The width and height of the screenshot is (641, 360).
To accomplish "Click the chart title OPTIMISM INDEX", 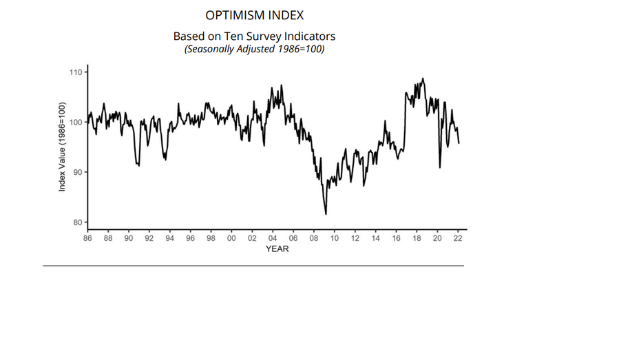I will [255, 15].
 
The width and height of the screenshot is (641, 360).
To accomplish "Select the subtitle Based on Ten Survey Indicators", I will [254, 36].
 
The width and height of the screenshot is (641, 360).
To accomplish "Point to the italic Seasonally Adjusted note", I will [254, 49].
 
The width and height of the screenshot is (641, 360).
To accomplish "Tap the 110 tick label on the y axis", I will [75, 72].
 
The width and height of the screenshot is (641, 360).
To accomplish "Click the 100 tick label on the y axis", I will [75, 123].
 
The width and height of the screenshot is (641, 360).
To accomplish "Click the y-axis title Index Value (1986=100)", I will [62, 147].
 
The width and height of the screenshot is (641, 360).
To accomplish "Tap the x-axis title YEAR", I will [277, 249].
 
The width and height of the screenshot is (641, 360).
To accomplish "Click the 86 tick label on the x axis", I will [88, 238].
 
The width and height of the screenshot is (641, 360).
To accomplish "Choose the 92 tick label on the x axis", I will [149, 238].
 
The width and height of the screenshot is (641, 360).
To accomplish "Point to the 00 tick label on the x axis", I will [232, 238].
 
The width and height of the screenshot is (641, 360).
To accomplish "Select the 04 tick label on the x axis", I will [273, 238].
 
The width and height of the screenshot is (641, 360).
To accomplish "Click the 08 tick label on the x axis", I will [314, 238].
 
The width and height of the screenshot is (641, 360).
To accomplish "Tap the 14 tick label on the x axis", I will [375, 238].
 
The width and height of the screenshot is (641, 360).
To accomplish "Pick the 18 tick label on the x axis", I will [417, 238].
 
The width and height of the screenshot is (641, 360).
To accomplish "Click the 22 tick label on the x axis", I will [457, 238].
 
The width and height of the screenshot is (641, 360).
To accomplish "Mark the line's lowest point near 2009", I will [326, 214].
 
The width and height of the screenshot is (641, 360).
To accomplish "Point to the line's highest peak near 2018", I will [423, 78].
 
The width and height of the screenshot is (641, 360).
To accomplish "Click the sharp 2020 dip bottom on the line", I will [440, 167].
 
